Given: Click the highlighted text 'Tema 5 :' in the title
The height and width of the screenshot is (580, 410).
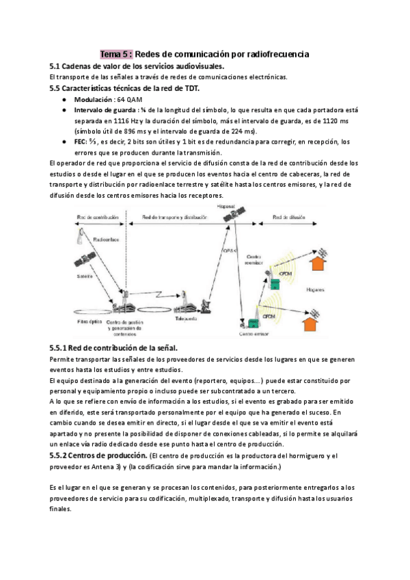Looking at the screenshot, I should click(116, 53).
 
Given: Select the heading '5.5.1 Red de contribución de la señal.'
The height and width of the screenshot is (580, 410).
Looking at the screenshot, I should click(114, 348).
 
